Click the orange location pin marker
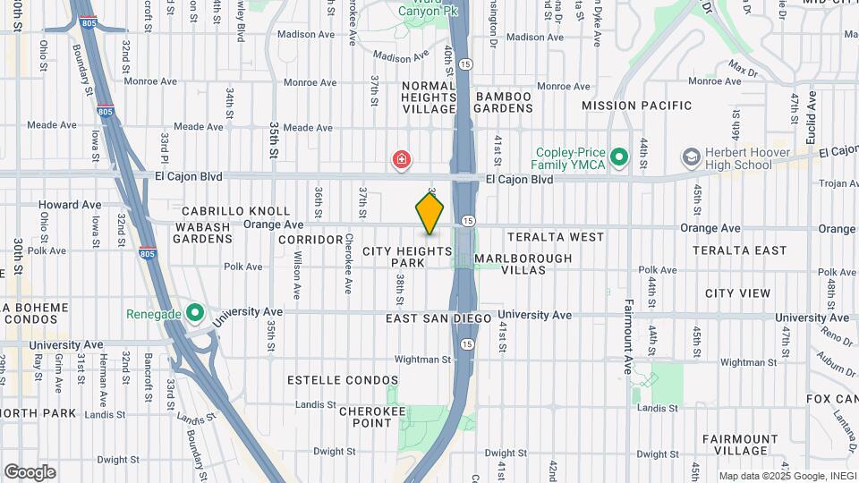point(430,212)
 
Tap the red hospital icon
point(403,160)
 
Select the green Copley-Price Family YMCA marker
point(619,158)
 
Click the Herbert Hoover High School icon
point(691,158)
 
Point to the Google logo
point(30,471)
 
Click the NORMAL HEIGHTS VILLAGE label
point(429,97)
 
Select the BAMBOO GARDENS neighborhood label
point(504,102)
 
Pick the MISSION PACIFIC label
point(634,106)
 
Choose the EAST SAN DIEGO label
point(439,318)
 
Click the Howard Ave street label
point(70,205)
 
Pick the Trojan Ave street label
point(839,184)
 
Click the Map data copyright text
point(787,476)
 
